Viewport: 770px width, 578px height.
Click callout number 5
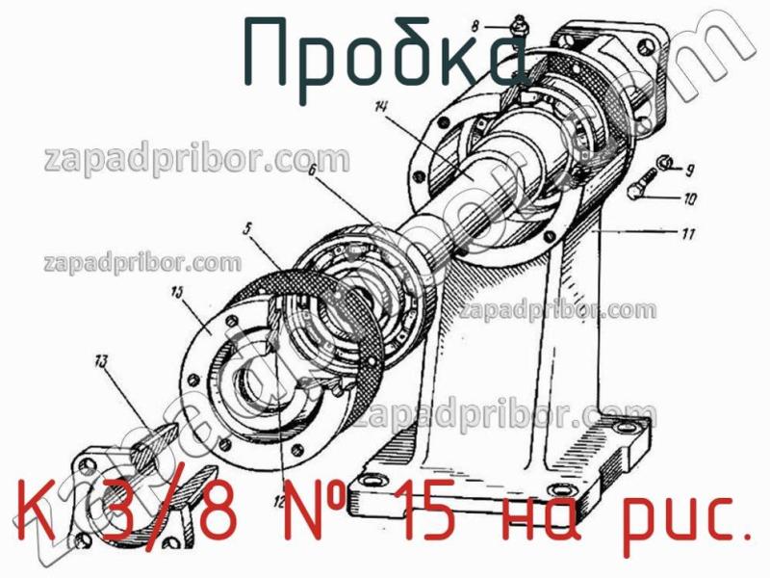click(x=247, y=229)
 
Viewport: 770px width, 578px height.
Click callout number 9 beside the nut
click(x=689, y=171)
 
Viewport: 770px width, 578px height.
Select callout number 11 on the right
click(x=690, y=233)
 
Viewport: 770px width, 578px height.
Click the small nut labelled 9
click(x=662, y=165)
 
